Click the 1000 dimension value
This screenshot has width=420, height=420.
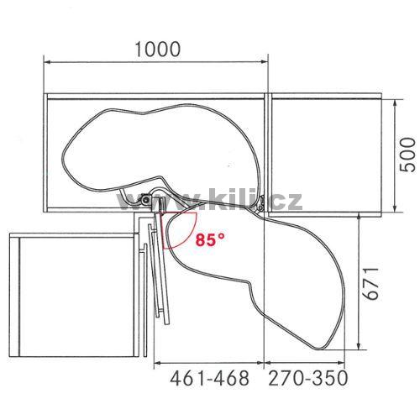pos(158,50)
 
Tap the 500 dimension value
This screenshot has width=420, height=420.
pos(407,155)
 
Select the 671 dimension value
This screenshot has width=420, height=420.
pos(370,283)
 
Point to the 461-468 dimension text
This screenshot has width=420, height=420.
pos(210,378)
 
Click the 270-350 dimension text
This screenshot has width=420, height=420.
pos(307,378)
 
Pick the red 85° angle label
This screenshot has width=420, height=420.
pos(210,239)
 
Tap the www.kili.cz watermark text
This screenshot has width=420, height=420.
pos(210,199)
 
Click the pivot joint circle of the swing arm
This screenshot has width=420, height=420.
pos(145,199)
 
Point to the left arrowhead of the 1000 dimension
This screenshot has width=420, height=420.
pos(48,61)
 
